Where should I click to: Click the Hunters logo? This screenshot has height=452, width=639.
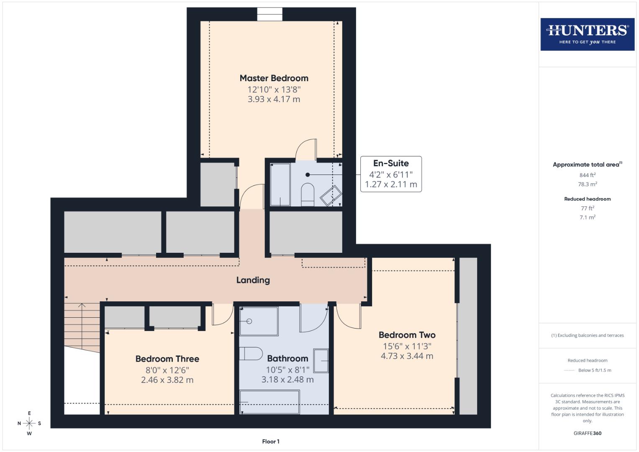587,34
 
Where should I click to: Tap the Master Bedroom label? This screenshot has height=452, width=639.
274,78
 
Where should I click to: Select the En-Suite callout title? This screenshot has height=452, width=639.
391,163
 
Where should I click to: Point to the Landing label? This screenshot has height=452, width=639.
253,280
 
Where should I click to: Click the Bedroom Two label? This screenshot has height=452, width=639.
407,335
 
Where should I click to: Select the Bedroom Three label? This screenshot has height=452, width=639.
167,359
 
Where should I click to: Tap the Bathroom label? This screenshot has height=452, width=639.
287,358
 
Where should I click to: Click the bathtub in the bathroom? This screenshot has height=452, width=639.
269,402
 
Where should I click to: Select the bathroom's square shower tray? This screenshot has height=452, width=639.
259,321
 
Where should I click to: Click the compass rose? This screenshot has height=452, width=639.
29,423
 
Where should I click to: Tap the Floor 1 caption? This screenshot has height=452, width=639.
271,442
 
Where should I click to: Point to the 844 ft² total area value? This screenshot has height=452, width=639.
587,175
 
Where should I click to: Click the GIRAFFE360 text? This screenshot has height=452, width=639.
587,433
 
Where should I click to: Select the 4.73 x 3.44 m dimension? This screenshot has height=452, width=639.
407,356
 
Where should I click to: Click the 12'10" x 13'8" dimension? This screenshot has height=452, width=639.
274,90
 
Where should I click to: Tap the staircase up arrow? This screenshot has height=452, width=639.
82,306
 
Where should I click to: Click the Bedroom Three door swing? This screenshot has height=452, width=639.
222,316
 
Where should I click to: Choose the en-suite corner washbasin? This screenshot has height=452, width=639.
331,195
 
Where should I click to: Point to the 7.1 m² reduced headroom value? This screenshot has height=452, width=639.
587,217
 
